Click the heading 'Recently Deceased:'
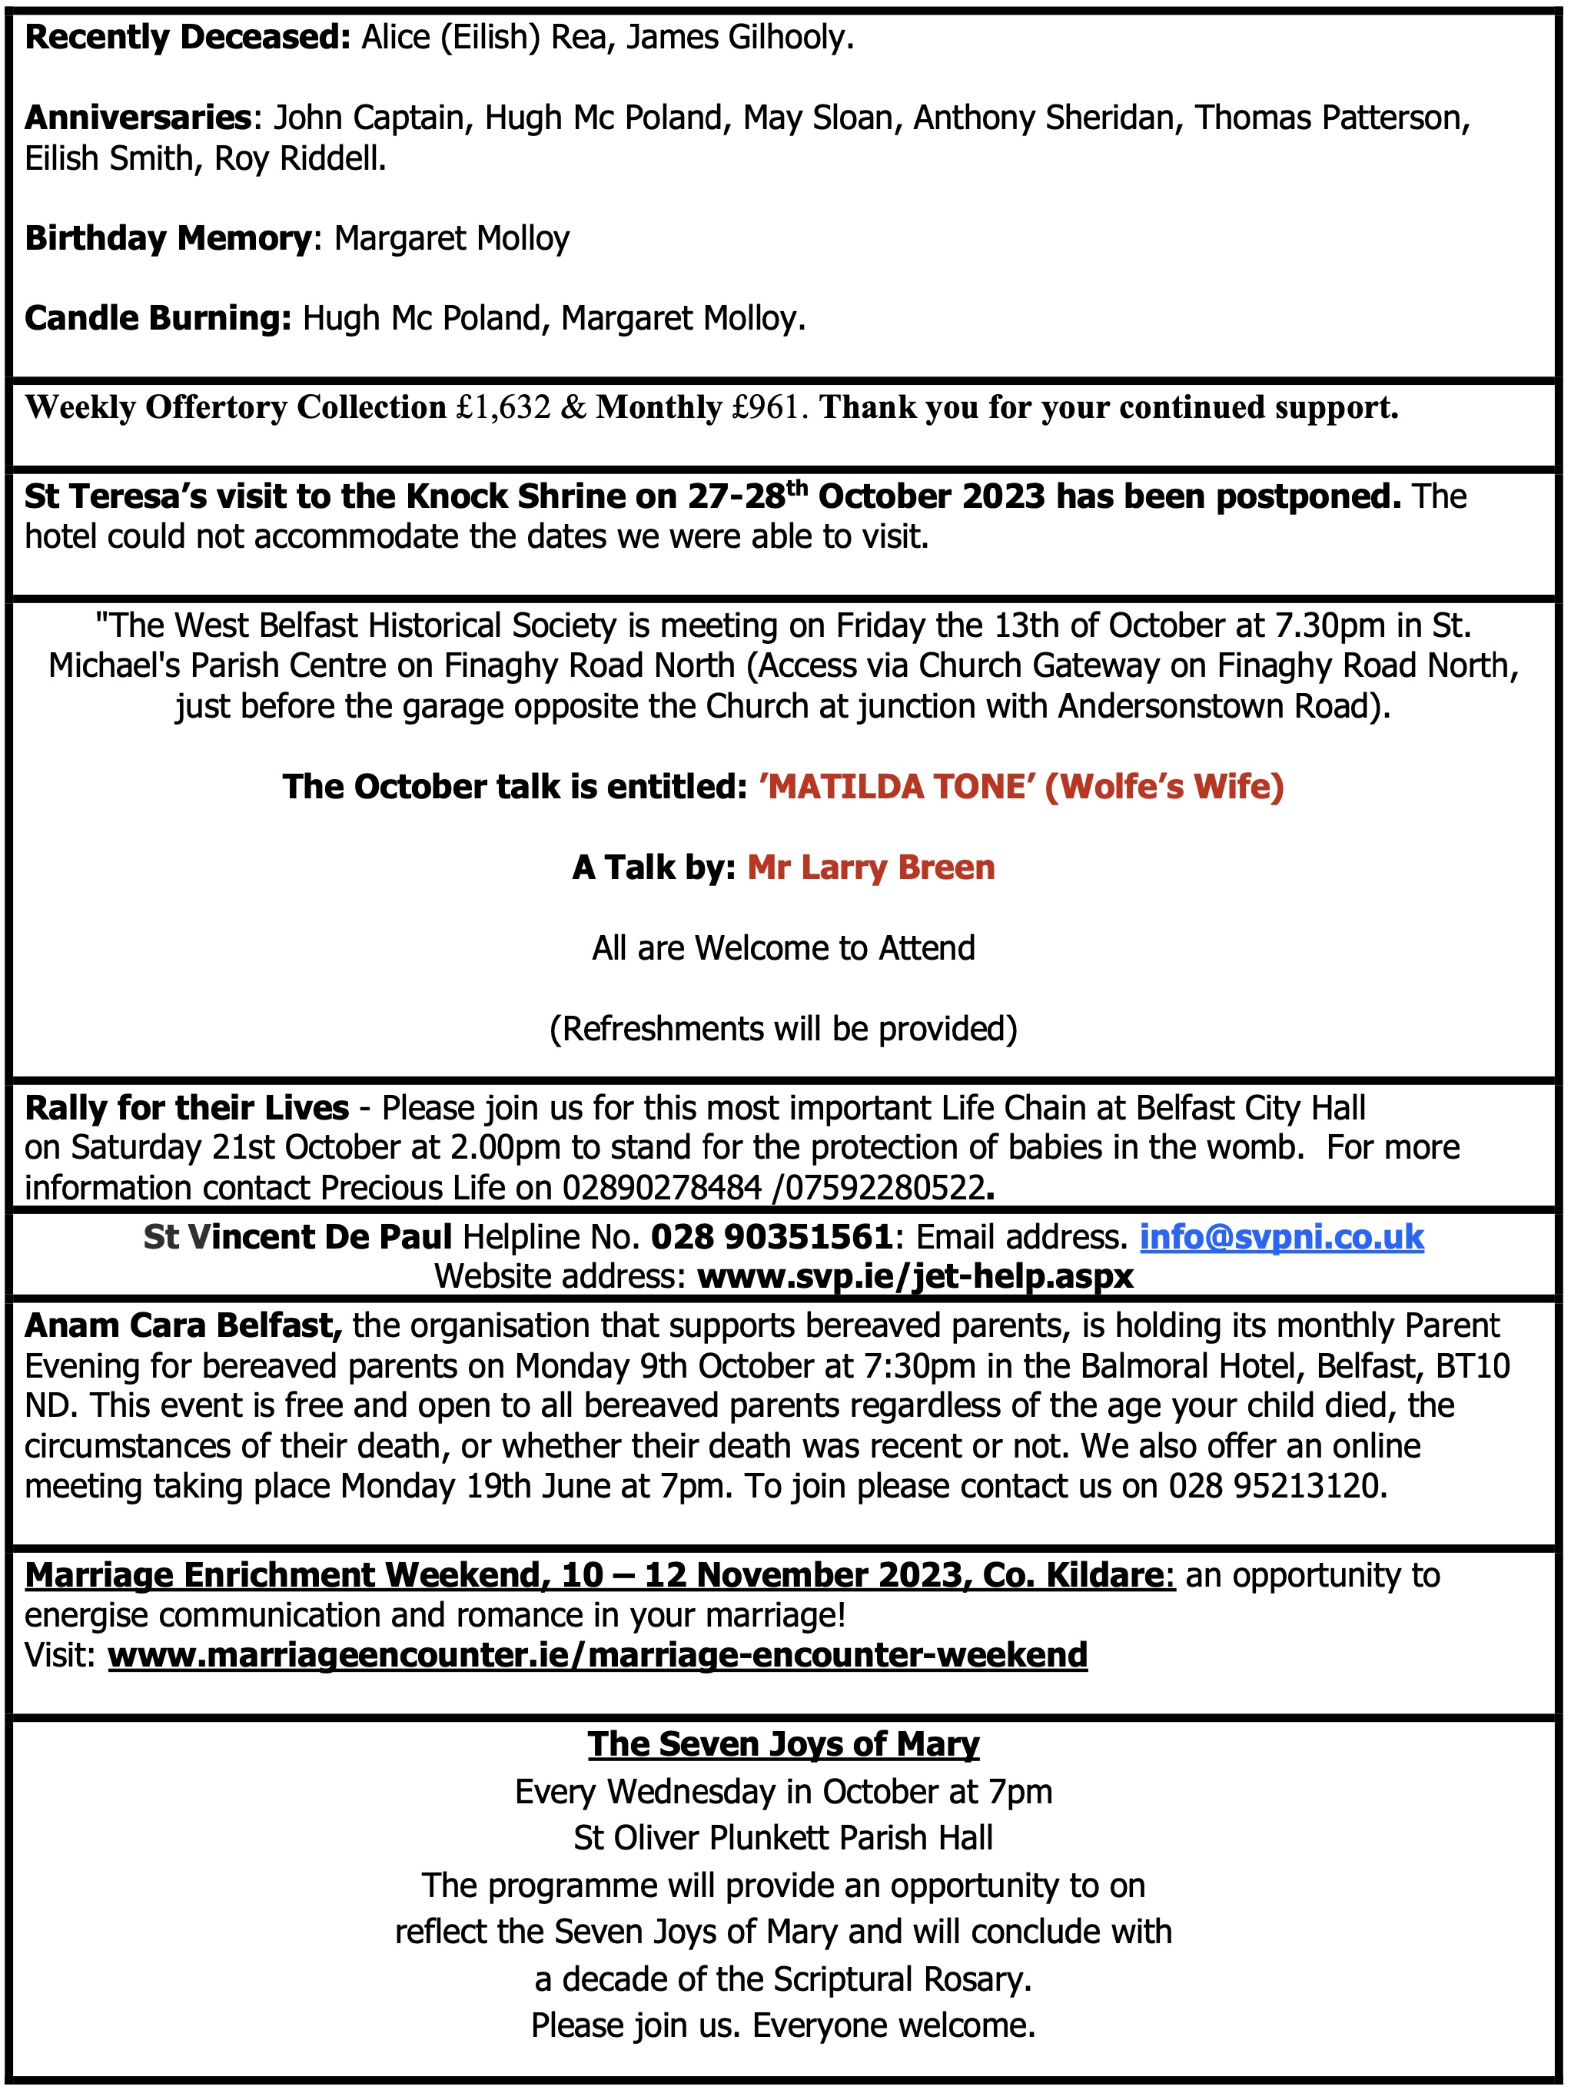pyautogui.click(x=188, y=38)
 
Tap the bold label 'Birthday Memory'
pyautogui.click(x=168, y=238)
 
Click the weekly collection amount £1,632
pyautogui.click(x=503, y=408)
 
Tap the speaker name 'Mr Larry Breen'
pyautogui.click(x=871, y=867)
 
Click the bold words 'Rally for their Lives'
pyautogui.click(x=187, y=1108)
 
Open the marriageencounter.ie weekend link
pyautogui.click(x=597, y=1656)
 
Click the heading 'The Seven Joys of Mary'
pyautogui.click(x=784, y=1744)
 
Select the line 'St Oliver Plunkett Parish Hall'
pyautogui.click(x=784, y=1838)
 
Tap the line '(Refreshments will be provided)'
pyautogui.click(x=784, y=1029)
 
